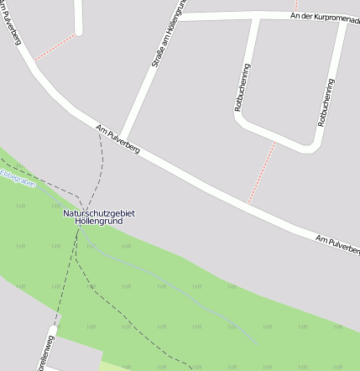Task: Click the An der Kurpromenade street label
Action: (x=324, y=18)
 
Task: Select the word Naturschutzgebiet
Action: (x=99, y=213)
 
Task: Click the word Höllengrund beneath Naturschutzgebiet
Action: (x=99, y=222)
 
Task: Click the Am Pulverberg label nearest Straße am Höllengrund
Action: (x=117, y=140)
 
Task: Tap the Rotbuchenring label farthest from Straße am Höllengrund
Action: (x=326, y=102)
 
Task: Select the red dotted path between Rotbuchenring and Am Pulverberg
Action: (x=262, y=172)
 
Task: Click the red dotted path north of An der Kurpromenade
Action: (x=296, y=6)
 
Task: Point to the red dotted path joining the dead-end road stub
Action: (x=55, y=46)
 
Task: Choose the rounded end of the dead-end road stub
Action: (x=80, y=32)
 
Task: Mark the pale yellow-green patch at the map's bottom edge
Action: (x=117, y=367)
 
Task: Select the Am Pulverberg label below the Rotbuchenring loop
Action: (x=337, y=244)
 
